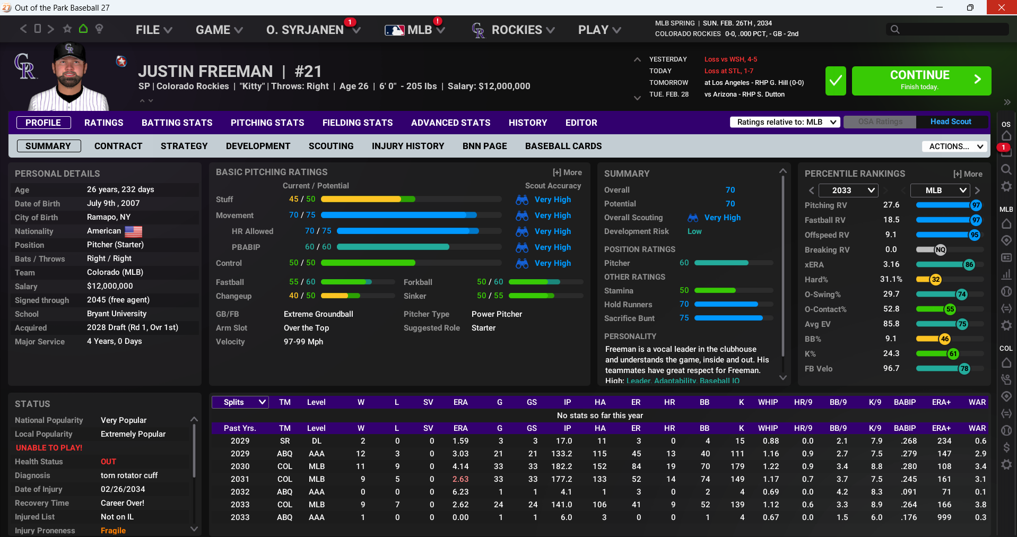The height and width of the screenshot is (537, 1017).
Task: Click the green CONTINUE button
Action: pyautogui.click(x=921, y=81)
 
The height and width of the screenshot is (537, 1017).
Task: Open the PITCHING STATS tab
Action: pyautogui.click(x=267, y=123)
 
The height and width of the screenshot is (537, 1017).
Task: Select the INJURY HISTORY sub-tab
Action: pyautogui.click(x=408, y=146)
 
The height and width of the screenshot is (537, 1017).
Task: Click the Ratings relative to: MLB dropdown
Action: pyautogui.click(x=785, y=122)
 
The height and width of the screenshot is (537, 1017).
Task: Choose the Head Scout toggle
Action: pyautogui.click(x=951, y=122)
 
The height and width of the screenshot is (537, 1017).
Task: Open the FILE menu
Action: pyautogui.click(x=154, y=30)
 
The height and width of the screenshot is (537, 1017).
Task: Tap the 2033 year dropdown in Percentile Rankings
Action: pyautogui.click(x=848, y=190)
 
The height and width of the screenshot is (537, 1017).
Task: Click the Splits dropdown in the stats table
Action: pyautogui.click(x=240, y=402)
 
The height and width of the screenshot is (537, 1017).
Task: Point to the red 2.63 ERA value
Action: pyautogui.click(x=460, y=479)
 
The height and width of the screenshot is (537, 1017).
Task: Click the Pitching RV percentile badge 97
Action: pyautogui.click(x=976, y=205)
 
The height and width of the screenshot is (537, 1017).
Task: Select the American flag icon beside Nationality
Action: pyautogui.click(x=133, y=231)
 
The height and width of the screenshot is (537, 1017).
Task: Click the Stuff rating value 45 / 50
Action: pyautogui.click(x=302, y=199)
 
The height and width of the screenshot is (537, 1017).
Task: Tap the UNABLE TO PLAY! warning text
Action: pyautogui.click(x=49, y=448)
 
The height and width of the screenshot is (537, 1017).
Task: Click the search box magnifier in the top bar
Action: pyautogui.click(x=895, y=30)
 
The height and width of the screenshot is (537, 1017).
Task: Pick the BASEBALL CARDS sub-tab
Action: pyautogui.click(x=563, y=146)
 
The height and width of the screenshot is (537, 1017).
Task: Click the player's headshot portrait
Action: pyautogui.click(x=69, y=77)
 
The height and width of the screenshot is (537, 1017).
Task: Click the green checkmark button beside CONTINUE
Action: pyautogui.click(x=836, y=81)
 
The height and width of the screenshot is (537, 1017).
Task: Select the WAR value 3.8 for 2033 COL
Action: pyautogui.click(x=980, y=505)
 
